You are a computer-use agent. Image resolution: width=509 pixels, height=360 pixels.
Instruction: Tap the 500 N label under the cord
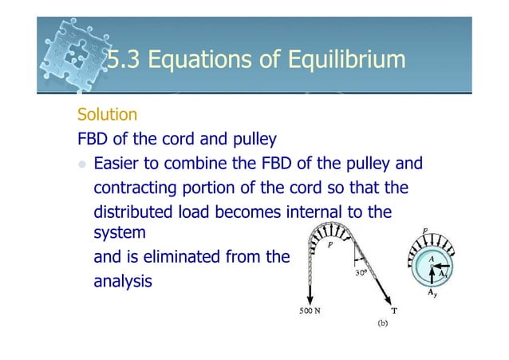coord(310,311)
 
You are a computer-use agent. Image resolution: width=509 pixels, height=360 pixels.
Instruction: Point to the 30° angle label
coord(361,272)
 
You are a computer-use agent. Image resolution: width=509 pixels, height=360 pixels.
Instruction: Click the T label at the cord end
coord(394,310)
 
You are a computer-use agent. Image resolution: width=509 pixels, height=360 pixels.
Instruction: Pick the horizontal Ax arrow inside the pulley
coord(440,267)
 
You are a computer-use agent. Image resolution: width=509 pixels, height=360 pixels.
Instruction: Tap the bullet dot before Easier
coord(82,165)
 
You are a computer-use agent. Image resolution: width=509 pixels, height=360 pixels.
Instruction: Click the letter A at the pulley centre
coord(431,258)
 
